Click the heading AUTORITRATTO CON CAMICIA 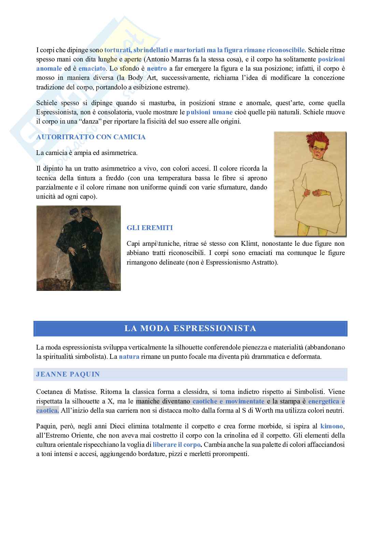point(91,137)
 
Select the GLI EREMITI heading point(150,228)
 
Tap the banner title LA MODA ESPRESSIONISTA point(190,328)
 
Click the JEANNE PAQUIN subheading point(68,374)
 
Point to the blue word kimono point(331,426)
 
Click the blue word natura point(129,357)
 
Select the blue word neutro point(157,68)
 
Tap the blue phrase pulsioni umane point(209,112)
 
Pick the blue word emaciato point(92,68)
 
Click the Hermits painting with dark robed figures point(79,248)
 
